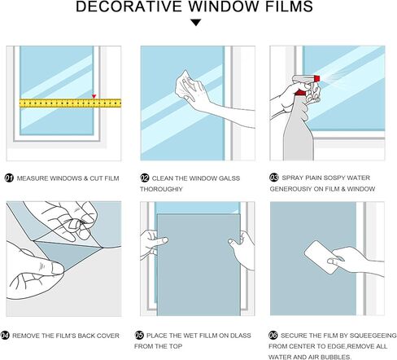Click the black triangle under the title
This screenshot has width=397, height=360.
point(196,24)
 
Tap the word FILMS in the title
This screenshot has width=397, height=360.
point(288,8)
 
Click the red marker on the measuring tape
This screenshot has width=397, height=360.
point(94,98)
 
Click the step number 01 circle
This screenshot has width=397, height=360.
point(9,177)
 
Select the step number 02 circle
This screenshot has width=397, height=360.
point(144,177)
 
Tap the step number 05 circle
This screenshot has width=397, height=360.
point(140,335)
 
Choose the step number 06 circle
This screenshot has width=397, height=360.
point(273,335)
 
